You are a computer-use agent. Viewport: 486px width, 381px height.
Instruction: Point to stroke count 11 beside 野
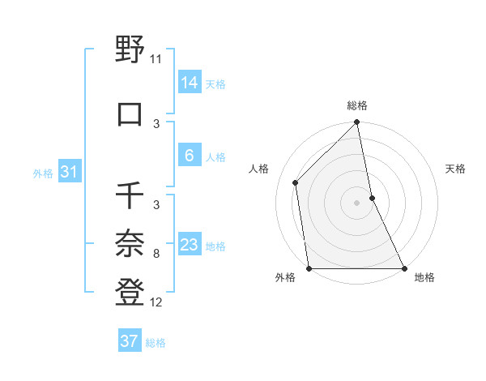pyautogui.click(x=156, y=59)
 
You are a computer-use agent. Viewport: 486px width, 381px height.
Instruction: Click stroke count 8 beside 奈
pyautogui.click(x=156, y=254)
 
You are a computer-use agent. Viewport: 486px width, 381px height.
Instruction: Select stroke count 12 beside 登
pyautogui.click(x=156, y=302)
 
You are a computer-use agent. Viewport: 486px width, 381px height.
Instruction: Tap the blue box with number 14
pyautogui.click(x=189, y=82)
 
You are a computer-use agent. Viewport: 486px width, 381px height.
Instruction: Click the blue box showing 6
pyautogui.click(x=189, y=156)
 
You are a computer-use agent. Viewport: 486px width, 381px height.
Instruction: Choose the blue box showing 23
pyautogui.click(x=189, y=245)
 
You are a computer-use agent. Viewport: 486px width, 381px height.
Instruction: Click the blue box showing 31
pyautogui.click(x=69, y=172)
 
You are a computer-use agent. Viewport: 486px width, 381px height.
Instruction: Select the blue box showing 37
pyautogui.click(x=129, y=341)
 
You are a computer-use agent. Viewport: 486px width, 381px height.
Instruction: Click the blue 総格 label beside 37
pyautogui.click(x=156, y=343)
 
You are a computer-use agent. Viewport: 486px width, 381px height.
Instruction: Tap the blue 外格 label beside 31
pyautogui.click(x=43, y=173)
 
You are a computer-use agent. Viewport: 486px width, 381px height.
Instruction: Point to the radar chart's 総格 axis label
pyautogui.click(x=357, y=105)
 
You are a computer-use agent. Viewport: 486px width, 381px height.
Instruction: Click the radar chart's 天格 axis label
pyautogui.click(x=455, y=169)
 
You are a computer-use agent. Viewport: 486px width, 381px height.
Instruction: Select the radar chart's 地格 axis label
pyautogui.click(x=424, y=277)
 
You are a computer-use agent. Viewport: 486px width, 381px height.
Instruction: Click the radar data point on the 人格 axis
pyautogui.click(x=296, y=182)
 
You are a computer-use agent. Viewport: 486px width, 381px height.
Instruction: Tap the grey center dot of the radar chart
pyautogui.click(x=357, y=203)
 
